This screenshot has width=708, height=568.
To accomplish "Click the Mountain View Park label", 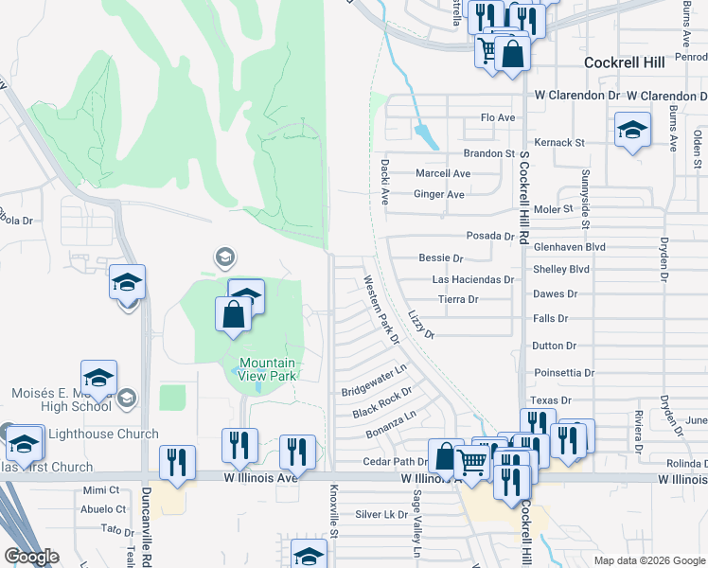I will coord(267,369).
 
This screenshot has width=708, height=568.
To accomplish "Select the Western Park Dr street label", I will coord(382,310).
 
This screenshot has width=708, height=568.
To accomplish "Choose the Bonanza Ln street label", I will coord(390,424).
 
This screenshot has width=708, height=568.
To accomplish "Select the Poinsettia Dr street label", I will coord(563,373).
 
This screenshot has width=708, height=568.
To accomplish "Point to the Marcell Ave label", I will coord(443,174).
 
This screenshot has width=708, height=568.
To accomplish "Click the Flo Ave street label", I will coord(498,117).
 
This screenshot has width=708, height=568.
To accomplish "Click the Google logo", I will coord(31,557).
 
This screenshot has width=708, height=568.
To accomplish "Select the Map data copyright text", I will coord(648,560).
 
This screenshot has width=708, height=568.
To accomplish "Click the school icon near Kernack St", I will coord(632,131).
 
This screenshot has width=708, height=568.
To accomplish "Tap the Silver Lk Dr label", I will coord(381,515).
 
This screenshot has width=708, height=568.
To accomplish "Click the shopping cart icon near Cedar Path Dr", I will coord(471,462).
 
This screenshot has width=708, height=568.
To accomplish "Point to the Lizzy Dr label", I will coord(421,323).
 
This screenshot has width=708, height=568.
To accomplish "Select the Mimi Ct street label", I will coord(101,490).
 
